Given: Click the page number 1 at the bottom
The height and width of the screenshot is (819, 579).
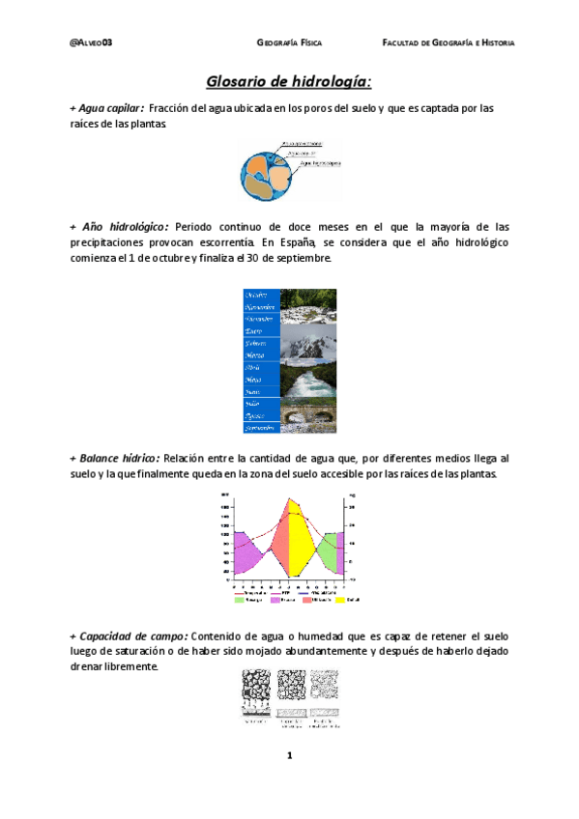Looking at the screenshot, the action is tap(289, 756).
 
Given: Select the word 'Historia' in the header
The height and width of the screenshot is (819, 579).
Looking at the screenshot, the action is tap(497, 43).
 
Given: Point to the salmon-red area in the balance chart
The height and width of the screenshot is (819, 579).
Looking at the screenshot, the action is tap(277, 546).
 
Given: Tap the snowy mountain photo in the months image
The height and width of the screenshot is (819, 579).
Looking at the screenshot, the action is tap(309, 343).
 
